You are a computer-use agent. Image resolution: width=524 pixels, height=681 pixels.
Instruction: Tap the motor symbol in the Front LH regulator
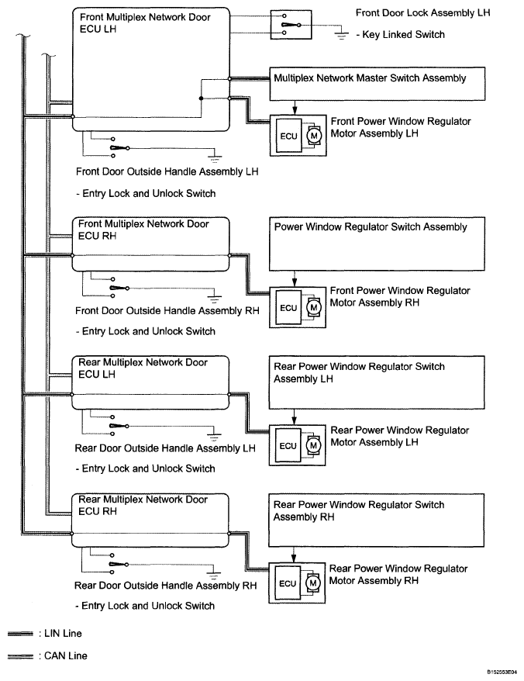(314, 137)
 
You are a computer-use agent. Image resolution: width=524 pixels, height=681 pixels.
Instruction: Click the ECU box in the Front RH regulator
(288, 308)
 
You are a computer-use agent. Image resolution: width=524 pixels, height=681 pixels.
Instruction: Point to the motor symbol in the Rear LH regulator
(314, 446)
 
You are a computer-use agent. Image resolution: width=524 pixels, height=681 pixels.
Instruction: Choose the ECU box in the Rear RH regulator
(288, 583)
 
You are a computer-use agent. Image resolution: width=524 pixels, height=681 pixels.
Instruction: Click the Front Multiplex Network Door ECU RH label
(143, 230)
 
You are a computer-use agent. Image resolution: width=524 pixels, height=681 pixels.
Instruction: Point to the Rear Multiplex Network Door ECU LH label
(143, 368)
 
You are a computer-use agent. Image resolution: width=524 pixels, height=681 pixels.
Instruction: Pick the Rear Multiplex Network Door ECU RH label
(143, 506)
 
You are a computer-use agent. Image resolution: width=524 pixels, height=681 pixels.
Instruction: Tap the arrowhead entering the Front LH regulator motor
(295, 110)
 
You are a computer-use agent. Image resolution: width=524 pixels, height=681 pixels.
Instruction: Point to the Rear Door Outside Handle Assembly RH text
(166, 586)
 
